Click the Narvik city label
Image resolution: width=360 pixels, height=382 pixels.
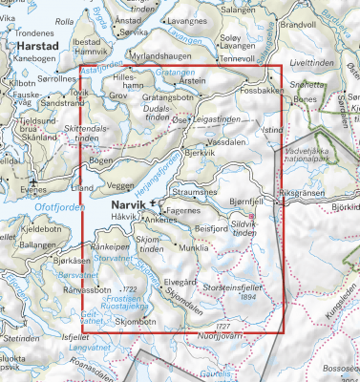[x=116, y=203]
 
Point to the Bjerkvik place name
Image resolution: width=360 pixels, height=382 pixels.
[x=196, y=153]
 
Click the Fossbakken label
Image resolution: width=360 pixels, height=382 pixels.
[x=263, y=90]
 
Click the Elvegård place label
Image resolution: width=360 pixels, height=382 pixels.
[x=180, y=283]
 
